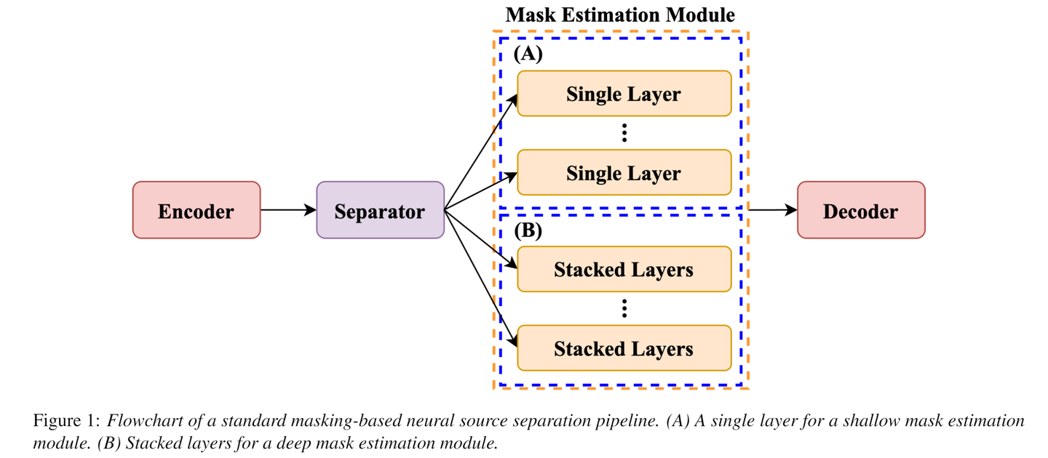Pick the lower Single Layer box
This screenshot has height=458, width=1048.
click(x=624, y=172)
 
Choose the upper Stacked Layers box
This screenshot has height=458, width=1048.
click(x=624, y=269)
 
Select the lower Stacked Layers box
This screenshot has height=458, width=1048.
click(x=624, y=348)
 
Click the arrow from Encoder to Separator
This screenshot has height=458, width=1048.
click(x=288, y=210)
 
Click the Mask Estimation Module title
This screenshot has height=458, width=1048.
click(x=620, y=15)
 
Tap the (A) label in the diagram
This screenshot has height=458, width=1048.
click(x=528, y=55)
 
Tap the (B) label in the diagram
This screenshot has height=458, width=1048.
click(x=528, y=231)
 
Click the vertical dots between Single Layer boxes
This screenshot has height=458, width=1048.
click(x=624, y=133)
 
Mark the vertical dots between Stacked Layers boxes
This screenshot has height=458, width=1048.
click(x=624, y=309)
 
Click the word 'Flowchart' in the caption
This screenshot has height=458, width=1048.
click(x=140, y=421)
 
